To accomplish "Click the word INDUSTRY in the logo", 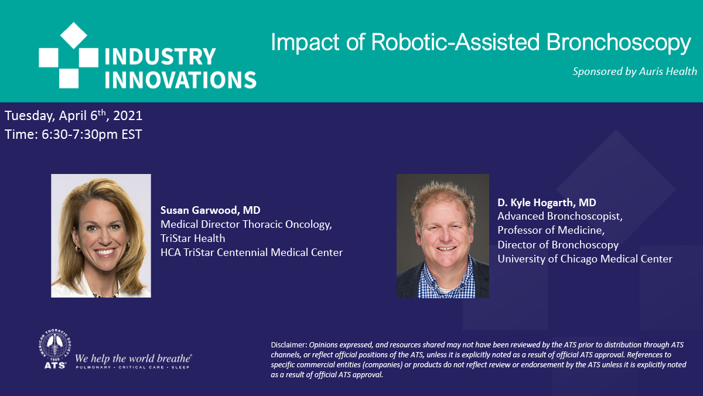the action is coord(160,56).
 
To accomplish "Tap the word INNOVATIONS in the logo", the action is coord(180,80).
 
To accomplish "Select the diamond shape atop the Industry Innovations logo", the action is coord(73,35).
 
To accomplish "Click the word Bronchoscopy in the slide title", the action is coord(619,42).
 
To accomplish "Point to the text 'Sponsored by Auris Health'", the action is coord(634,71).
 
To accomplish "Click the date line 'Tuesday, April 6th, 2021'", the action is coord(73,115).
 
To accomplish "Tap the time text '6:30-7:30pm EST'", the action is coord(91,134).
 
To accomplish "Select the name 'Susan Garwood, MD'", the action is coord(210,210).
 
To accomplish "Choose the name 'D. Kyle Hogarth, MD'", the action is coord(547,203).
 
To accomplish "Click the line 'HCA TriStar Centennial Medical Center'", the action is coord(251,252).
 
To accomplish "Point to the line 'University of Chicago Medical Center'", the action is coord(585,259).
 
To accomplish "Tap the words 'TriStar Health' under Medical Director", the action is coord(193,238).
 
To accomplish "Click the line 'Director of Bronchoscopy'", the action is coord(558,245).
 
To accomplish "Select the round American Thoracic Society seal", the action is coord(54,345).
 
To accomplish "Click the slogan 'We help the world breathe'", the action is coord(133,359).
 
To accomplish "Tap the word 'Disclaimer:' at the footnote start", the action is coord(289,345).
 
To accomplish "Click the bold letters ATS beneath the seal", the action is coord(55,366).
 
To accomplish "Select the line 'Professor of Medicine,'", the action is coord(551,230).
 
